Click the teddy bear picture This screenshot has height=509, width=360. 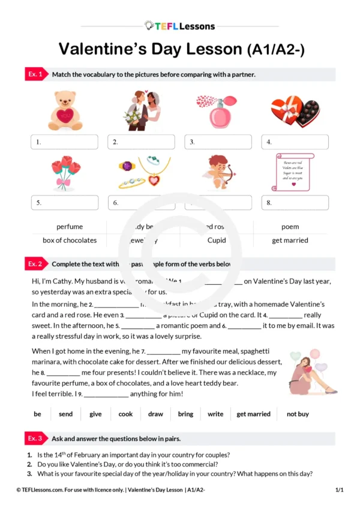click(65, 110)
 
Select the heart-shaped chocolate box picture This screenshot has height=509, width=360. click(295, 112)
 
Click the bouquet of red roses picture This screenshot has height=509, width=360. click(65, 173)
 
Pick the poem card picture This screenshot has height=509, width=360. click(293, 171)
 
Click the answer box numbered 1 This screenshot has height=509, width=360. click(65, 142)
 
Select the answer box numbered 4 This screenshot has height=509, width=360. click(295, 142)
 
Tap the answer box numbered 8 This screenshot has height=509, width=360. click(295, 203)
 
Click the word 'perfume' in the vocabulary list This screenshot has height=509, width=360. click(70, 227)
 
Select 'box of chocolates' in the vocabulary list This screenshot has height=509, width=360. click(70, 240)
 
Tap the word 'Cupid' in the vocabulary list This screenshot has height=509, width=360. click(217, 240)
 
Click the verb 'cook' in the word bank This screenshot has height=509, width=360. click(125, 414)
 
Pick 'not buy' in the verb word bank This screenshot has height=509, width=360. click(298, 414)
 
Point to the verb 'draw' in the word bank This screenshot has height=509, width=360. click(155, 414)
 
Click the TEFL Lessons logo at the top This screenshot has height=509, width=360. click(179, 26)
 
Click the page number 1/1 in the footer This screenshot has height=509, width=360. click(339, 490)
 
